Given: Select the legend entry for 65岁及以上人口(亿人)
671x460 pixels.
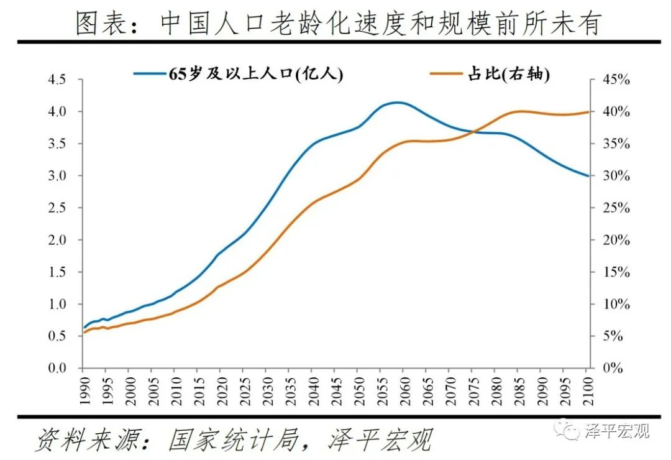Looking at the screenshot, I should [x=239, y=74].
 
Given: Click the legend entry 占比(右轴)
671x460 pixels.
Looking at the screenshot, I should [x=491, y=74].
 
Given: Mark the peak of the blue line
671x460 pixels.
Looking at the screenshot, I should [x=398, y=103].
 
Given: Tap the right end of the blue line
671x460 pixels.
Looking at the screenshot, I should [x=587, y=176].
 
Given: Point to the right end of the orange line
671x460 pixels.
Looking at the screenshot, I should [x=587, y=112].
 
